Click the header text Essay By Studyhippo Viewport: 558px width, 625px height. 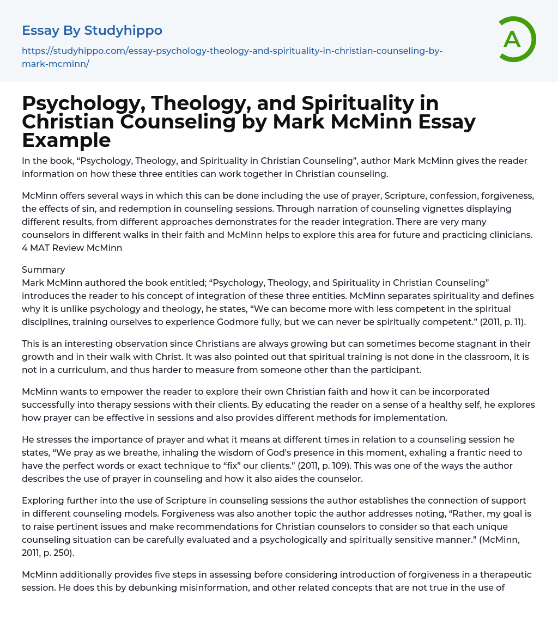tap(92, 30)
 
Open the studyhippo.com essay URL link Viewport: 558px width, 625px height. tap(232, 57)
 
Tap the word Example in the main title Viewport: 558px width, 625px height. tap(66, 140)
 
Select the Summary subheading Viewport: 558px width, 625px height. tap(44, 270)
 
